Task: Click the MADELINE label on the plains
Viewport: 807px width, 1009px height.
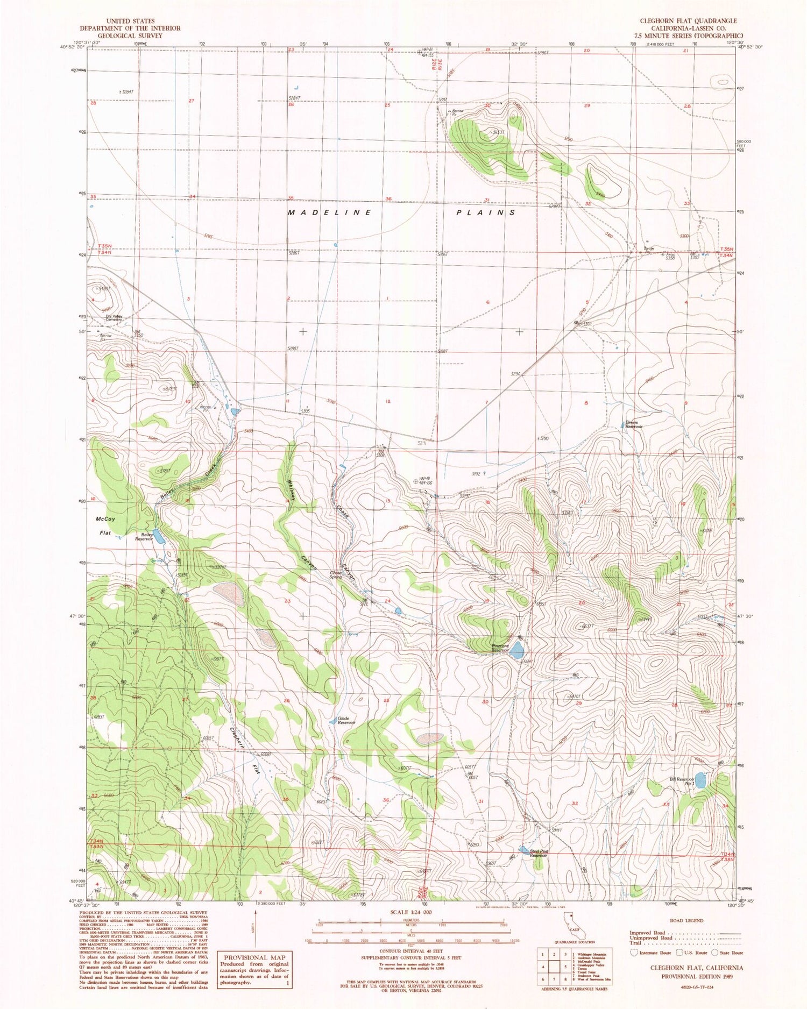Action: (329, 212)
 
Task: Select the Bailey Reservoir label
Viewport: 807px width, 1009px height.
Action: (144, 537)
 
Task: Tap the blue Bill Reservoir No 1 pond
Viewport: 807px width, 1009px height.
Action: (700, 779)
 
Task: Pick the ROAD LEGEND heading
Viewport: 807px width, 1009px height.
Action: (686, 920)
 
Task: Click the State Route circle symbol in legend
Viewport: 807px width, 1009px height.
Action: (716, 953)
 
